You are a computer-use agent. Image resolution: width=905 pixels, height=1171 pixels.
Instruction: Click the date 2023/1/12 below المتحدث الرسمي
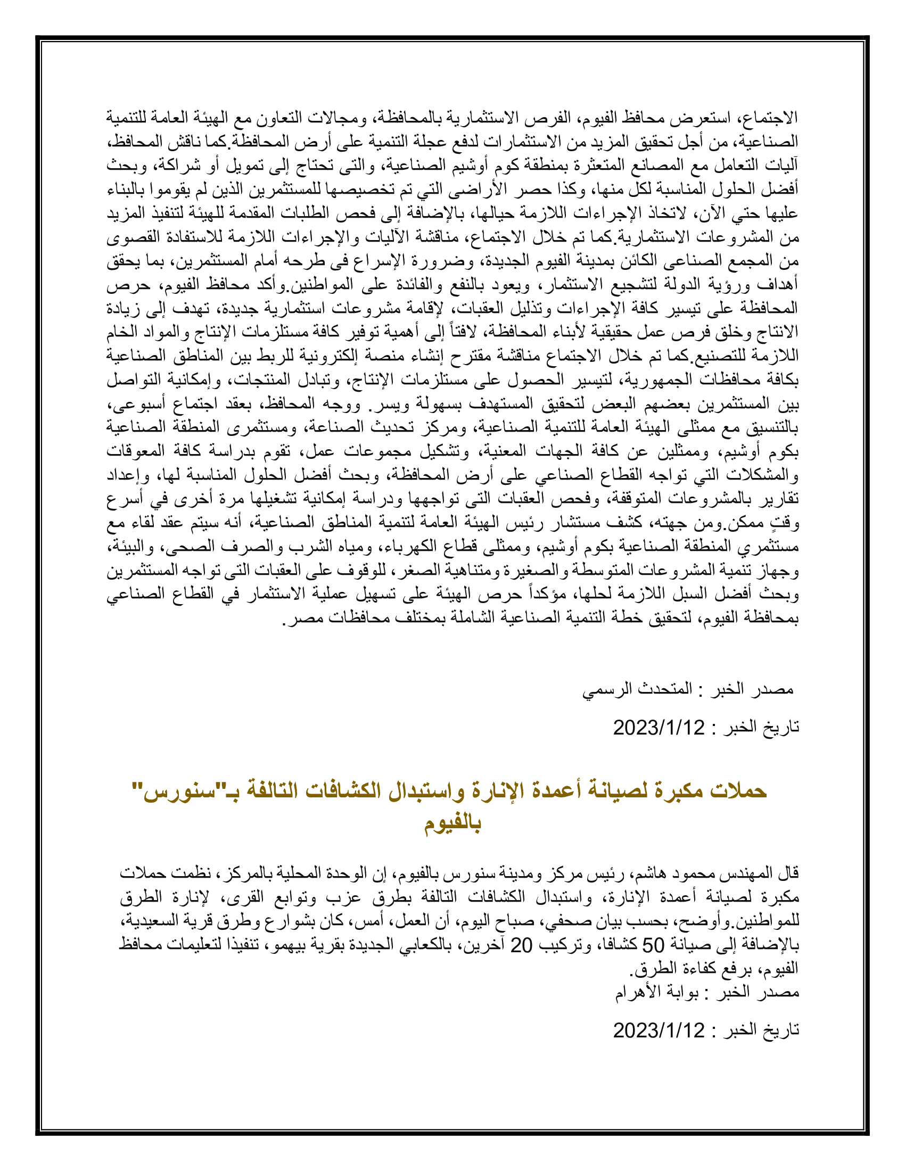pos(659,728)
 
